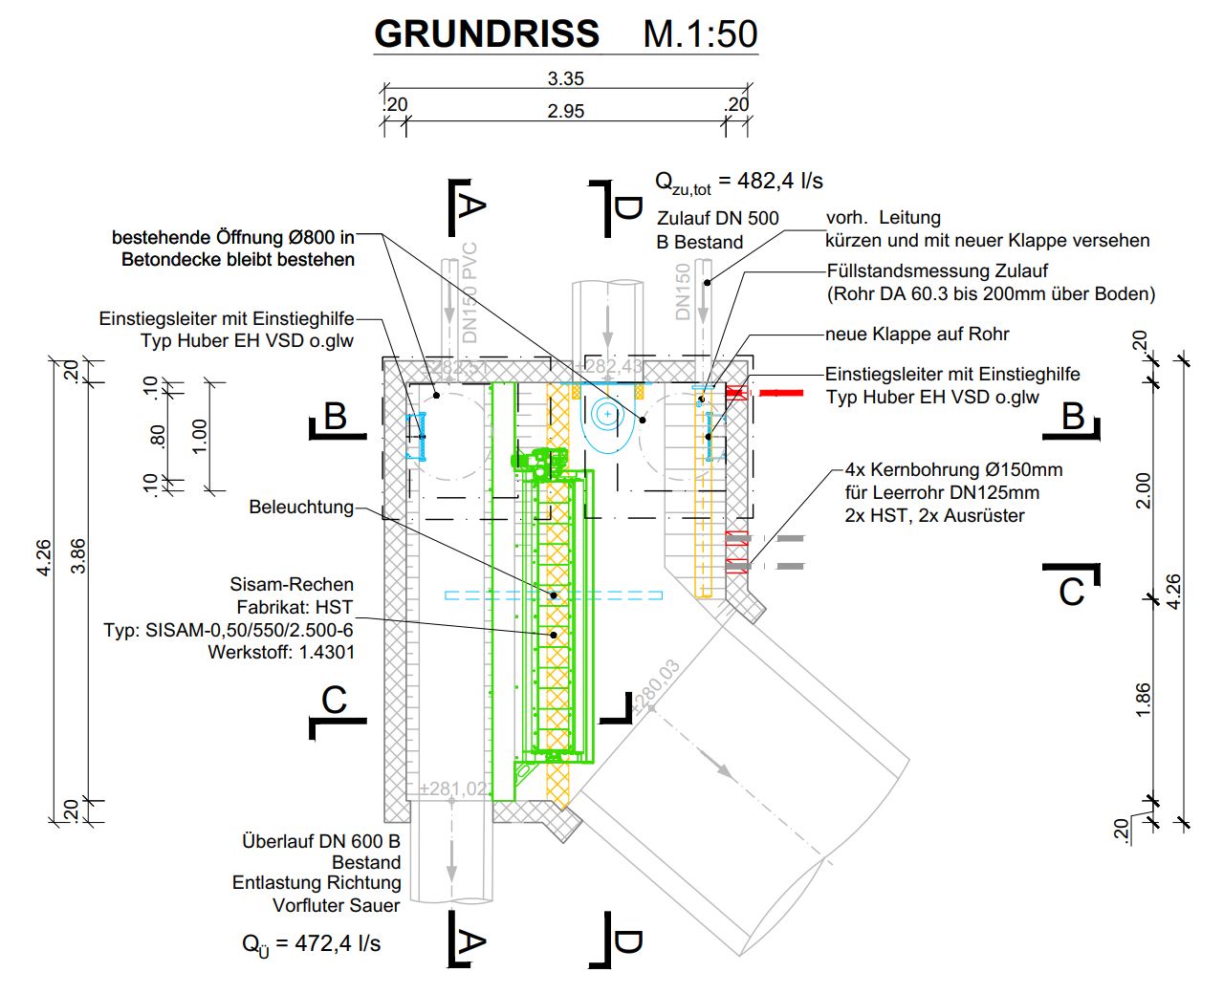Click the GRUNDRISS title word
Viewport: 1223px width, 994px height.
click(486, 34)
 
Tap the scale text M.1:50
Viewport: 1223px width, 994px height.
click(700, 34)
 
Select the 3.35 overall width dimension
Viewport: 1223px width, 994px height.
click(565, 78)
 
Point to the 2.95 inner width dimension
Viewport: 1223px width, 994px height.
click(565, 111)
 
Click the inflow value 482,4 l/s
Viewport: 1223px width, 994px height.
click(770, 181)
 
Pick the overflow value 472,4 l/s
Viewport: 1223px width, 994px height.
click(337, 943)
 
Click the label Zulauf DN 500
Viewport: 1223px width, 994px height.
click(717, 218)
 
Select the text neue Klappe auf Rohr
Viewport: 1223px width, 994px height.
click(917, 334)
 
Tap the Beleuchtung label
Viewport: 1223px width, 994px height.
click(301, 507)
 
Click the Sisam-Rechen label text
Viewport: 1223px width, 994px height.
click(292, 584)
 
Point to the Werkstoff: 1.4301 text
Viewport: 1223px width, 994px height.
click(281, 653)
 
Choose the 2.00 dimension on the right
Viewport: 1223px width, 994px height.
click(1144, 490)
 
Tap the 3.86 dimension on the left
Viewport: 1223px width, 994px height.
click(78, 556)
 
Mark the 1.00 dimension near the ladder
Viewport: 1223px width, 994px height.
click(199, 437)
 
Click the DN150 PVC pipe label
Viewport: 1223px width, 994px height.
click(470, 292)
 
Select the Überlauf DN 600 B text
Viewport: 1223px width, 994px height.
click(321, 841)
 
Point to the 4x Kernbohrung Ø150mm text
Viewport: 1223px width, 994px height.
click(953, 469)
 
